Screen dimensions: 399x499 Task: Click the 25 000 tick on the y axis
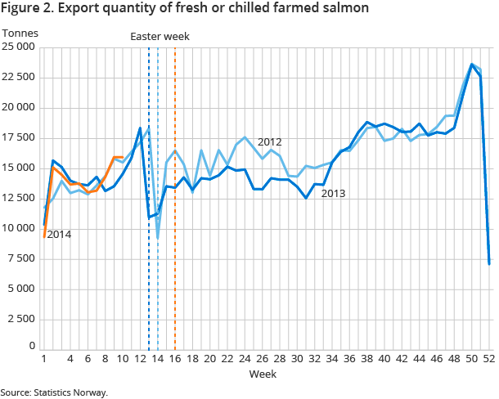(18, 47)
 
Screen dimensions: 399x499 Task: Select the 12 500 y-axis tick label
(18, 198)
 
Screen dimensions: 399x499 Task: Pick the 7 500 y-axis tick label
(20, 258)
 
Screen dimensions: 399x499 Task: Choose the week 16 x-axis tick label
(175, 359)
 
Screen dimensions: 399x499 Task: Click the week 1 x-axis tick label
(43, 359)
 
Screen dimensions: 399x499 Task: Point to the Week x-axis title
(262, 374)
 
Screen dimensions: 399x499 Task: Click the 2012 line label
(269, 142)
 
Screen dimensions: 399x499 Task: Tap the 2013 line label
(333, 194)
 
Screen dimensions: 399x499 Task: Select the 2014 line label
(59, 235)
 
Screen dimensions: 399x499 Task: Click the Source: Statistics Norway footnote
(54, 392)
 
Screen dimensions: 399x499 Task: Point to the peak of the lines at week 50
(472, 64)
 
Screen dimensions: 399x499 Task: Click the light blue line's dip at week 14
(157, 238)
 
